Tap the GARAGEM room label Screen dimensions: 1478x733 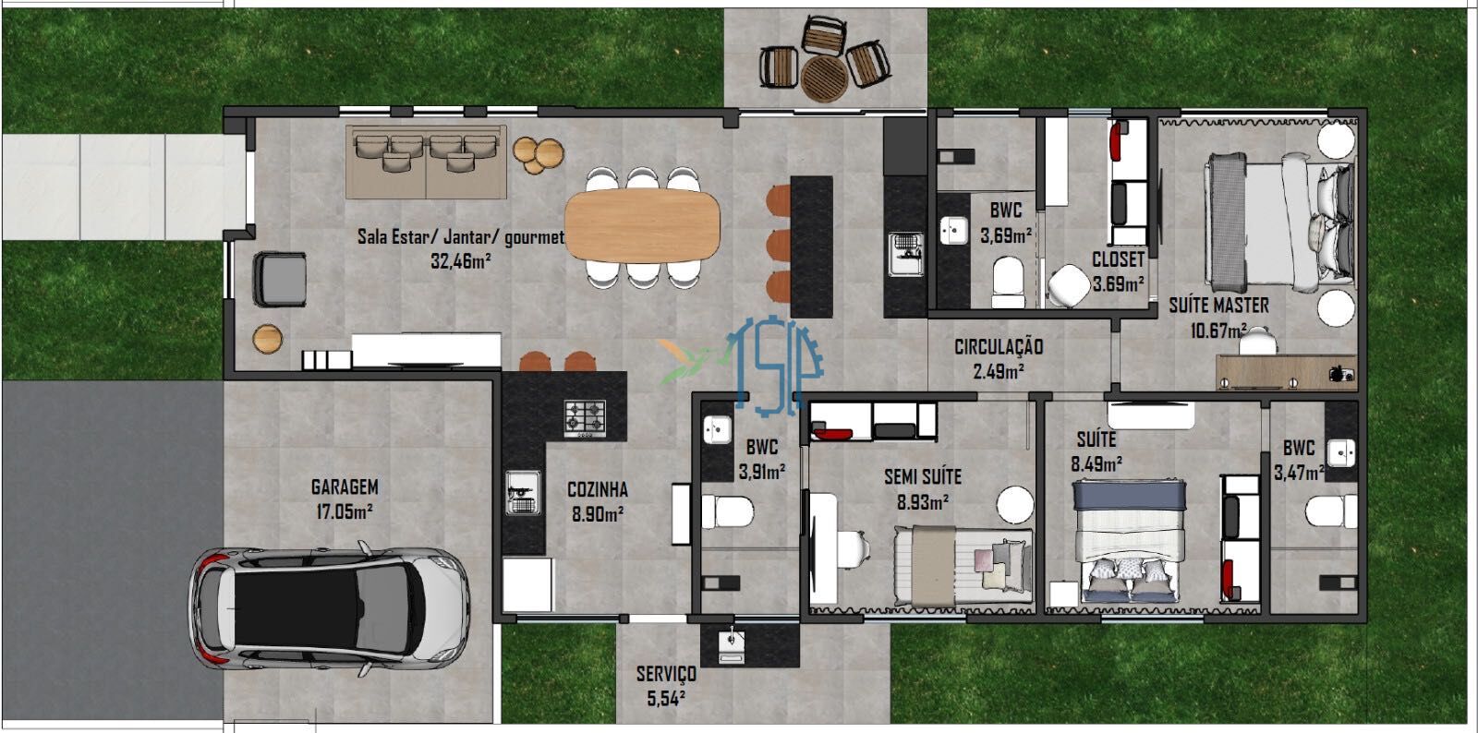click(x=345, y=487)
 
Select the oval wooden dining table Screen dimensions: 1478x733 click(x=642, y=225)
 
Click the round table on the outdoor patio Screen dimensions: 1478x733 click(x=824, y=78)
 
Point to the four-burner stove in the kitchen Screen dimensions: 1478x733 click(x=585, y=418)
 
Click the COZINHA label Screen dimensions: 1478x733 click(x=597, y=489)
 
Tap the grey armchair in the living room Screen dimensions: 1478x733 click(x=280, y=280)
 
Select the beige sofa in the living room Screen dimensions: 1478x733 click(x=426, y=162)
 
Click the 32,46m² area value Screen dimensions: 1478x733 click(x=461, y=261)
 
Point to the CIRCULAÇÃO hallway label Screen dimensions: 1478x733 click(x=999, y=347)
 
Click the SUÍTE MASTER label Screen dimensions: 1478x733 click(x=1218, y=306)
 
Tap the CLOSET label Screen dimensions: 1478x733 click(x=1118, y=259)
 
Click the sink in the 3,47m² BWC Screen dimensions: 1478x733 click(x=1340, y=453)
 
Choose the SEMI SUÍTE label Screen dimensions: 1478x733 click(x=923, y=476)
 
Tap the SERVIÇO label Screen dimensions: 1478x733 click(x=666, y=674)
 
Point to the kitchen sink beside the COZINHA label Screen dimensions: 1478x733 click(x=523, y=492)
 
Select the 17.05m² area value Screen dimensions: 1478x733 click(x=345, y=511)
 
